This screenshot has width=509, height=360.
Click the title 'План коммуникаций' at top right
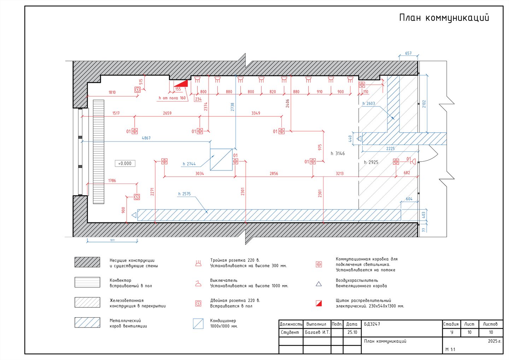click(444, 18)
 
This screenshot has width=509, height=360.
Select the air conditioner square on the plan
click(221, 159)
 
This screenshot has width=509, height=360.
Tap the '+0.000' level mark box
click(125, 163)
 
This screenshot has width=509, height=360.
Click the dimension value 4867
click(146, 138)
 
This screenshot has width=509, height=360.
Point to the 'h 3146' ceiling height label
click(338, 153)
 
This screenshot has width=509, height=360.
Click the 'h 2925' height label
click(371, 162)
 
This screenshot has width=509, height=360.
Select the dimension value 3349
click(256, 113)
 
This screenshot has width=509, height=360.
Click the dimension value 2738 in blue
click(232, 107)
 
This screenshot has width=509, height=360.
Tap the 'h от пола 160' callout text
click(172, 98)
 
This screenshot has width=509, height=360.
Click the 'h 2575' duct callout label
click(184, 194)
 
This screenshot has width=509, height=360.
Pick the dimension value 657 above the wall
click(408, 53)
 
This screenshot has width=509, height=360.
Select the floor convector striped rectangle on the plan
click(99, 152)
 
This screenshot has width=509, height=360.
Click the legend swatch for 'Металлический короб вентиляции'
click(87, 323)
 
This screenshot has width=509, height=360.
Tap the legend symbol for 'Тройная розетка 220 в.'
click(198, 263)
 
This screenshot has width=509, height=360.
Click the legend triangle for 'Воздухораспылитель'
click(319, 284)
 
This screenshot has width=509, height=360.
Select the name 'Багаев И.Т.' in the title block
click(317, 332)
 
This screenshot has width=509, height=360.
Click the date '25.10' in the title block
click(352, 332)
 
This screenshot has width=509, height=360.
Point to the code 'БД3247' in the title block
click(372, 324)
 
